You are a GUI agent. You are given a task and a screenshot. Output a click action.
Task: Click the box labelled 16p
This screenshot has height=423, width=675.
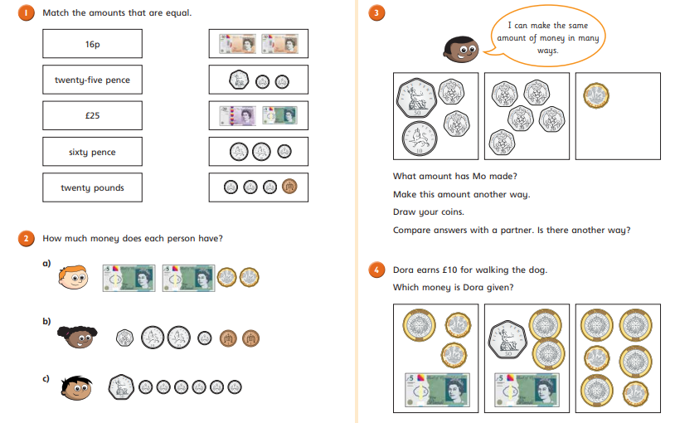[92, 43]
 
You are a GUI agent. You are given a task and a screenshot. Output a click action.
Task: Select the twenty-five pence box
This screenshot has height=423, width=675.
[92, 80]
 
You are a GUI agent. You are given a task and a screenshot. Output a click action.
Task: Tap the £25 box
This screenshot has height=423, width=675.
[92, 115]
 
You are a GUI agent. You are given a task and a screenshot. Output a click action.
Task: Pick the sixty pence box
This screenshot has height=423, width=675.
[92, 152]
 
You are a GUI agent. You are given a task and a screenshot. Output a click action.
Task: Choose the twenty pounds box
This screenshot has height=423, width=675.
[92, 187]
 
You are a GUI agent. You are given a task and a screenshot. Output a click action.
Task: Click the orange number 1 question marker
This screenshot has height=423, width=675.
[26, 12]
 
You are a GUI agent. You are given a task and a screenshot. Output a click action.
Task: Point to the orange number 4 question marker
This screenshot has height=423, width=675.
[376, 270]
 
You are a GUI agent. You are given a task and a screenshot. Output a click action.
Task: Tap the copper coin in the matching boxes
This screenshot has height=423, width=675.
[289, 187]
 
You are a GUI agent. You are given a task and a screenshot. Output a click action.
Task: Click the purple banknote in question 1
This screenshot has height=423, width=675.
[238, 115]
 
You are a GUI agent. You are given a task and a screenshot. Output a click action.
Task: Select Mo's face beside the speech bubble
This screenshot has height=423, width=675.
[460, 50]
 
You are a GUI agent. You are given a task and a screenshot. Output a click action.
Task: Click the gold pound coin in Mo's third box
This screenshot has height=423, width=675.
[596, 95]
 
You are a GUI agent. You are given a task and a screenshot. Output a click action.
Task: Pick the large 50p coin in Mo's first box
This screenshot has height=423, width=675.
[416, 98]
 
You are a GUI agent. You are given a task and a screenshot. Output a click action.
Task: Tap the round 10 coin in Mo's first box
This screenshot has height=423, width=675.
[420, 139]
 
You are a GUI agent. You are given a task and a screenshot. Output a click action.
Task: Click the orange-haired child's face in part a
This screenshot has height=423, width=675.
[73, 277]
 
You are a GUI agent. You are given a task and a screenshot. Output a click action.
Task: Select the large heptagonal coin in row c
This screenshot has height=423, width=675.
[121, 387]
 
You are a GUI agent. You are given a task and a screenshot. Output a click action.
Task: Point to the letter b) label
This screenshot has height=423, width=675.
[46, 321]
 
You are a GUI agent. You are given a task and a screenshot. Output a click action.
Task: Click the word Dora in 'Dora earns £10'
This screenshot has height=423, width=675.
[403, 270]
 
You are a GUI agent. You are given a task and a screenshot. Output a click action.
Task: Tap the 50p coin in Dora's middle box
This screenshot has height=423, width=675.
[508, 339]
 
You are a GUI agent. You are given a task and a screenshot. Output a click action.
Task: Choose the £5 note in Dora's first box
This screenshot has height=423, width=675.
[437, 391]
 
